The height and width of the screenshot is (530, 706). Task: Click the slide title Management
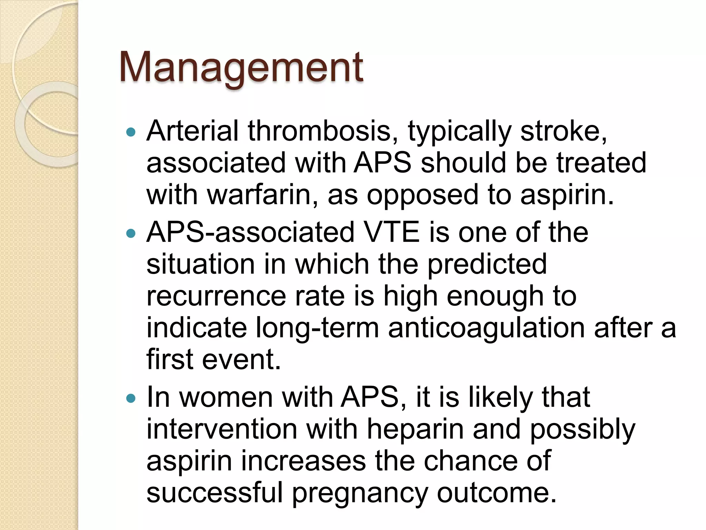tap(241, 67)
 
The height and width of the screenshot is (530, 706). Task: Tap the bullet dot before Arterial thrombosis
tap(131, 132)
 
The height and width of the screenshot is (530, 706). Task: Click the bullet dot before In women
tap(131, 399)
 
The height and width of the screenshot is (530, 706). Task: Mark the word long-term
tap(317, 328)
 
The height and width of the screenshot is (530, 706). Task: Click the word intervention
tap(222, 430)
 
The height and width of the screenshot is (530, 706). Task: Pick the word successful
tap(214, 493)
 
